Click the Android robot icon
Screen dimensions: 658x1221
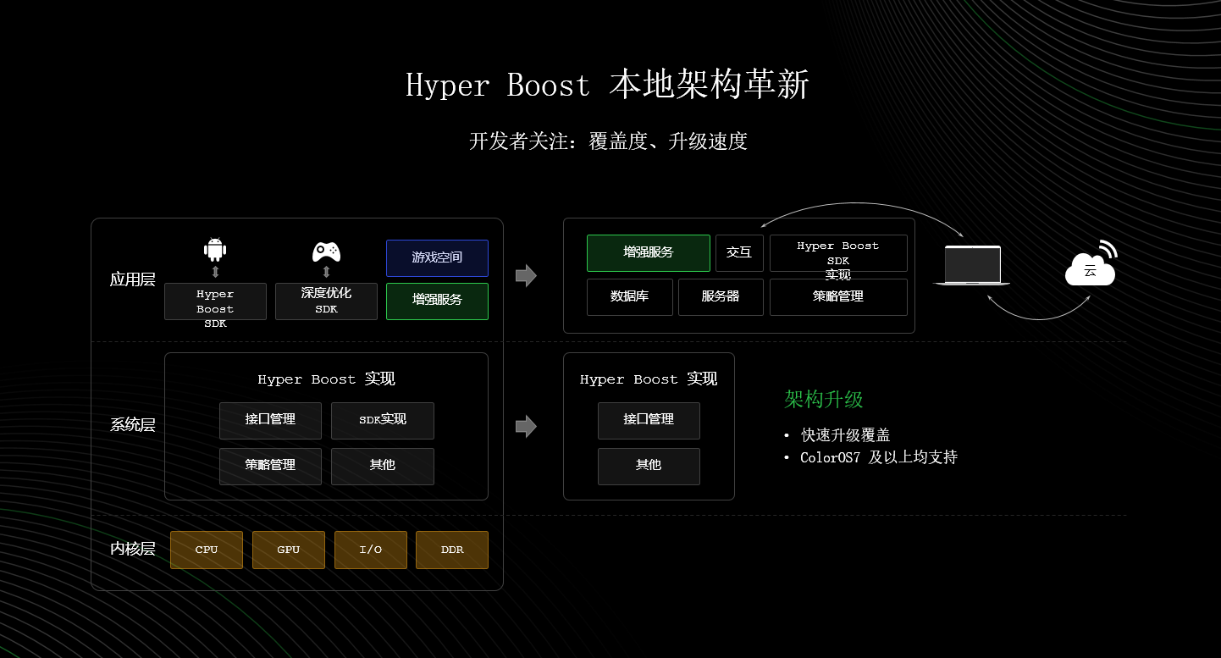pos(215,250)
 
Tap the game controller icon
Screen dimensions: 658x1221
pos(326,251)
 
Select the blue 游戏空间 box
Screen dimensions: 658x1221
pos(437,257)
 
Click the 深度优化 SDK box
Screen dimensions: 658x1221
pos(326,301)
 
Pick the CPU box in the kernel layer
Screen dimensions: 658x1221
pos(207,550)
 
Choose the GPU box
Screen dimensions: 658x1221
pos(289,550)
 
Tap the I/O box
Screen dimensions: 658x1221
pos(371,550)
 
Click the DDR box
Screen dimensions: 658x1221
pos(452,550)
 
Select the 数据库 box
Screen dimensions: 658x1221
pos(630,296)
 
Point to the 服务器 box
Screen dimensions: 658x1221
pos(721,296)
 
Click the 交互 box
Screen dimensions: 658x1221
pos(739,252)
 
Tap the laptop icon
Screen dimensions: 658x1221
pos(972,265)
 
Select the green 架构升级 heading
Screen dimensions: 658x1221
pos(824,400)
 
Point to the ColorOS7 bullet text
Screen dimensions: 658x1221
pos(879,457)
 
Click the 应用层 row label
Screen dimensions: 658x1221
pos(133,279)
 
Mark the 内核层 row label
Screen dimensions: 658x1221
pos(133,549)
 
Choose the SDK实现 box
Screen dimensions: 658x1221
pos(383,420)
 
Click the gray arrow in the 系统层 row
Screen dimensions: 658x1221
pos(526,426)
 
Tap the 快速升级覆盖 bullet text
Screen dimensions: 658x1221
pos(846,435)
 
